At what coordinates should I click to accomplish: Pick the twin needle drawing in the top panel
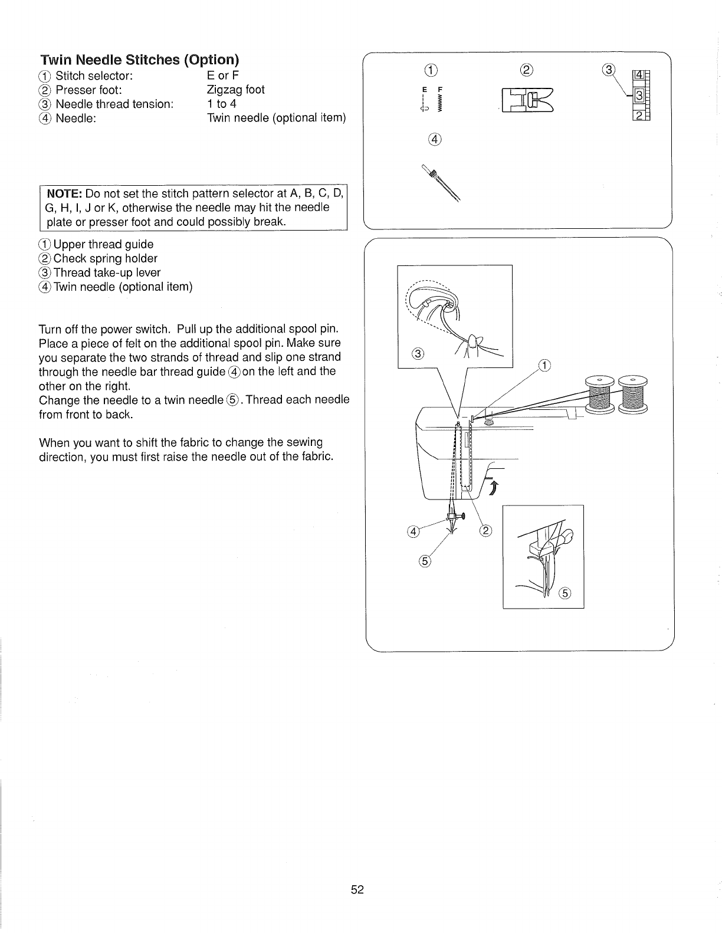point(441,184)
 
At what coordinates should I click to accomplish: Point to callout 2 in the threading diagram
point(485,530)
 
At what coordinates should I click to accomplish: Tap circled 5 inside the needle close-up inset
point(565,593)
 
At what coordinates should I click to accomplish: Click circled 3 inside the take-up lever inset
point(417,354)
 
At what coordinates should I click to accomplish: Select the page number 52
point(357,890)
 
